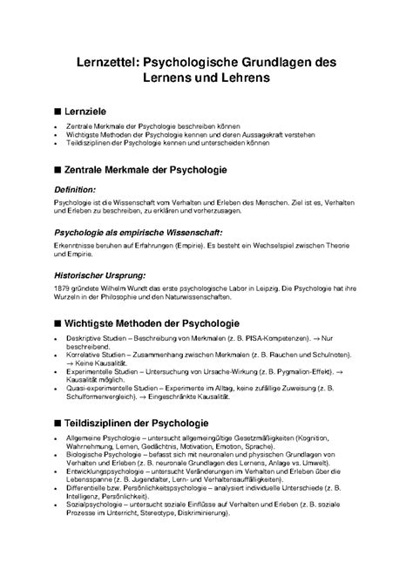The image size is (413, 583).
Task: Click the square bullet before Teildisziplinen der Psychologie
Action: tap(58, 446)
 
